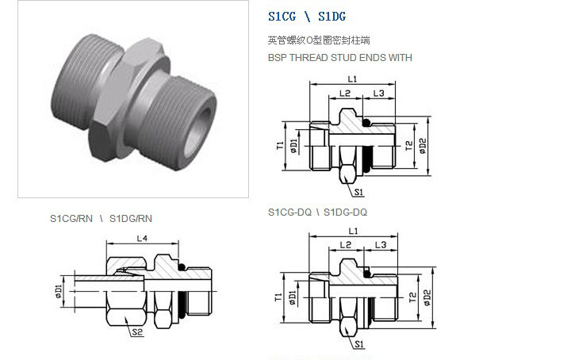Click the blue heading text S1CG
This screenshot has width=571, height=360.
point(282,17)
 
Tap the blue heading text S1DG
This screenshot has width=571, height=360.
point(331,17)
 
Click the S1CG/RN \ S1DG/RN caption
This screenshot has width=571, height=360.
point(101,218)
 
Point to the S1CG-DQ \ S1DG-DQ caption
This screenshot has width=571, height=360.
point(317,213)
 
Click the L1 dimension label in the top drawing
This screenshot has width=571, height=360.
point(352,79)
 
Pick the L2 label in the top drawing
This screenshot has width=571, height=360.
point(344,94)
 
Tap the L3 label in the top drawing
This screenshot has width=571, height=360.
point(379,94)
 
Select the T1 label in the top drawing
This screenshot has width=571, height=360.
point(280,146)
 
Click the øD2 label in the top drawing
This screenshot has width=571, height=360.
point(423,146)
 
